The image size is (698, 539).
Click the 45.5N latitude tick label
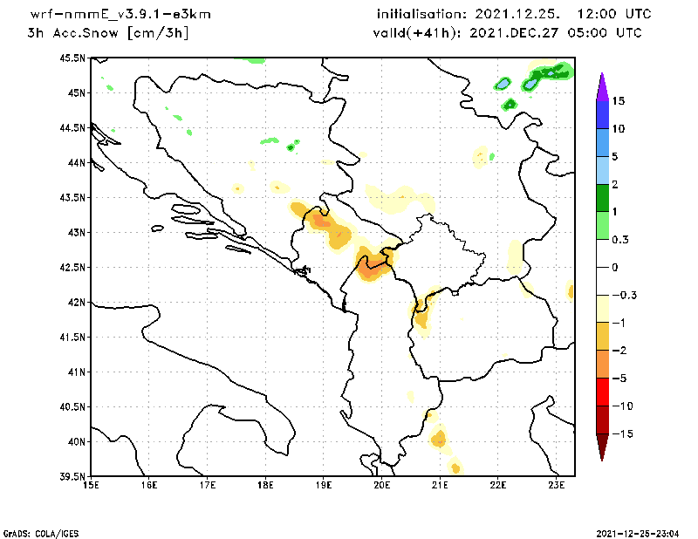(73, 58)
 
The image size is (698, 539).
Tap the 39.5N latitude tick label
(73, 477)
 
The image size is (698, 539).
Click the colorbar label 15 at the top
(619, 101)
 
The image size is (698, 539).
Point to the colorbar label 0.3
(620, 239)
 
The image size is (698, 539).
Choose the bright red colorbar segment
(602, 392)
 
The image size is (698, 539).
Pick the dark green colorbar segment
(602, 198)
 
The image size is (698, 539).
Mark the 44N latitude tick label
(77, 163)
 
